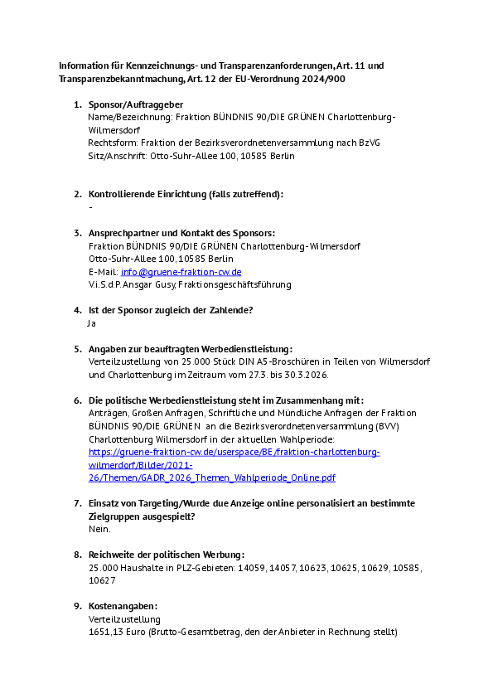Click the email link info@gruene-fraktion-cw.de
pos(181,272)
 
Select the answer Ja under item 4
pos(92,323)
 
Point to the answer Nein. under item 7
pos(99,529)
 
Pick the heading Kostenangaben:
pos(123,606)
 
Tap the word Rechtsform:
pos(112,143)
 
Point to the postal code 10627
pos(103,580)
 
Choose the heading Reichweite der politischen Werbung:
pos(166,555)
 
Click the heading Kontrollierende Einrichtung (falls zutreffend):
pos(186,194)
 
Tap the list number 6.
pos(77,400)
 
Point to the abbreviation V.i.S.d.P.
pos(106,284)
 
